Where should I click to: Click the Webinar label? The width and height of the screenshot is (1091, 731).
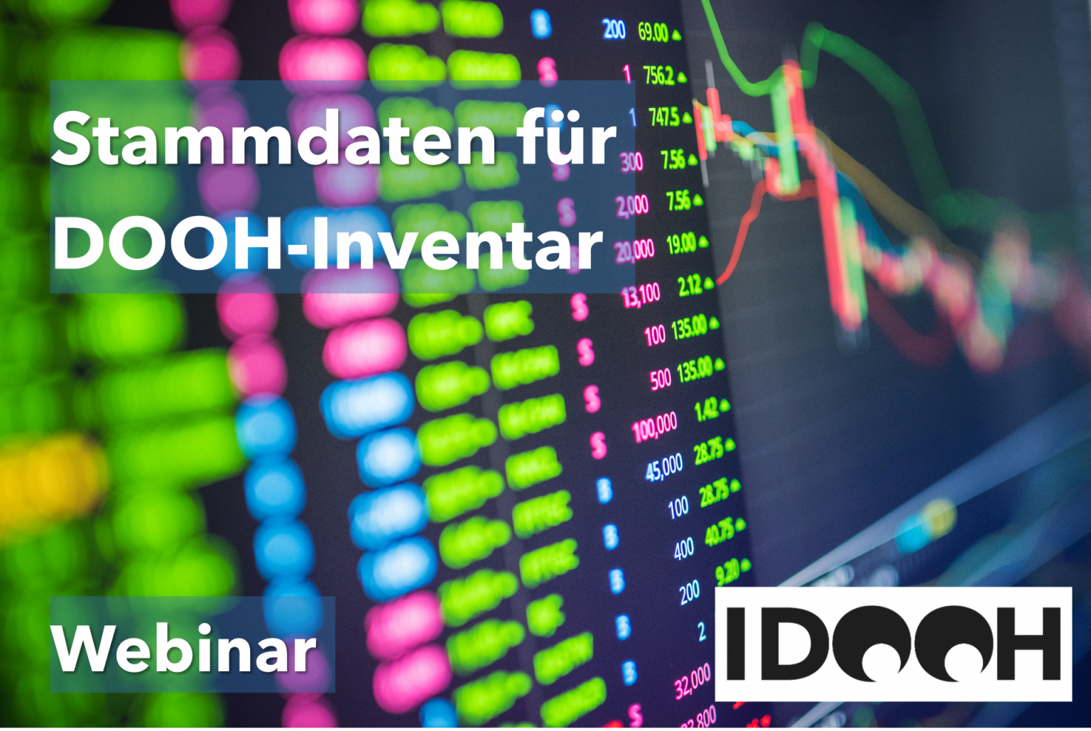[x=184, y=648]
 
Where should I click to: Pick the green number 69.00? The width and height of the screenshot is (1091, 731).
[x=653, y=32]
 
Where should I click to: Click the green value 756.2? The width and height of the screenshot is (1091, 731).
[x=658, y=75]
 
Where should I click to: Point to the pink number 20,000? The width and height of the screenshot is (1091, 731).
[x=634, y=250]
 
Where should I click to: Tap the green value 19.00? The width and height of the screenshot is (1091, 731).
[x=680, y=244]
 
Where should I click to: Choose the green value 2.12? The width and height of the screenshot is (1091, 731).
[x=689, y=286]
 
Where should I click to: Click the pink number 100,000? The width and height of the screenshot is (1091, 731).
[x=655, y=427]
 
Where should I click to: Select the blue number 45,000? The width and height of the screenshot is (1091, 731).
[x=664, y=467]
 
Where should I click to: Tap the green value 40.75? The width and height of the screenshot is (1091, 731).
[x=720, y=532]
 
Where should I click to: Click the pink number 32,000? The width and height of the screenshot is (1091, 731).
[x=693, y=681]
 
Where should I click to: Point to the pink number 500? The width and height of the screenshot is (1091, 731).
[x=660, y=379]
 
